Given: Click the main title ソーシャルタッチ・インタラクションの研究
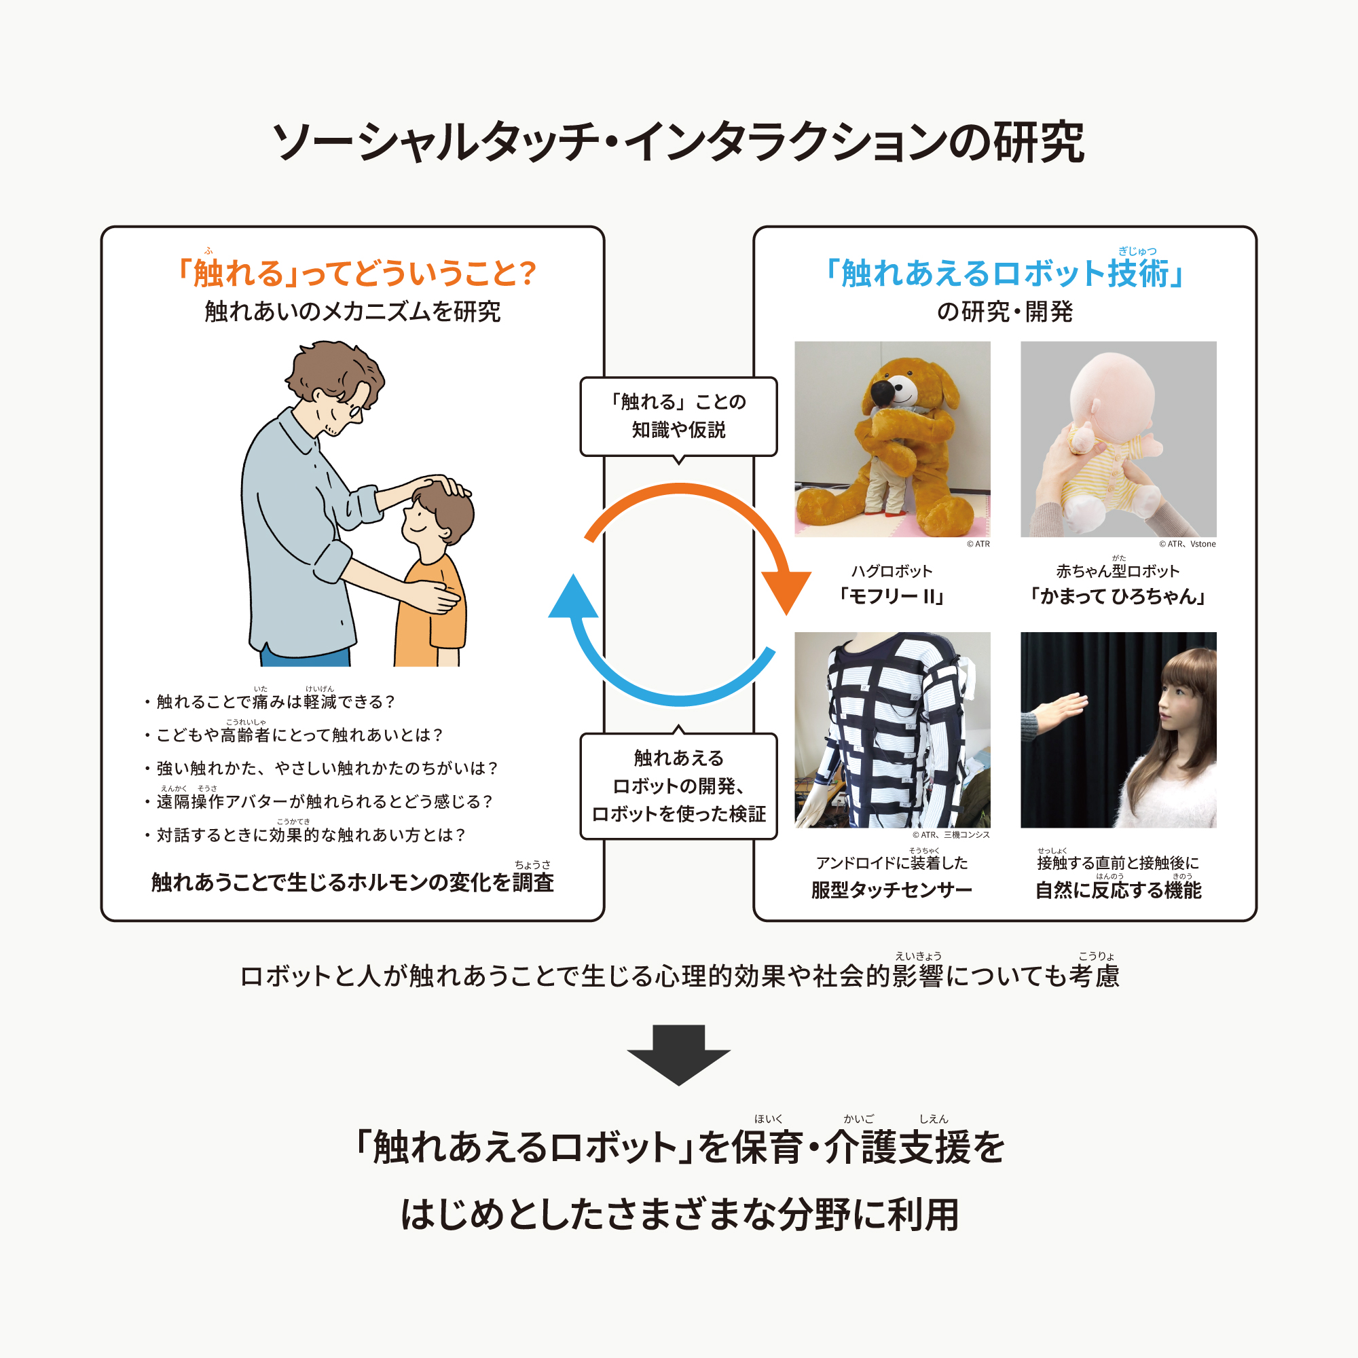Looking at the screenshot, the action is point(678,142).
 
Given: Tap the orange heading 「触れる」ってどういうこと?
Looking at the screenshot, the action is point(356,273).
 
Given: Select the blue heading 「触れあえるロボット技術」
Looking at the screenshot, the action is point(1004,273).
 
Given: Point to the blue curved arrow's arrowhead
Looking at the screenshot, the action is point(573,597).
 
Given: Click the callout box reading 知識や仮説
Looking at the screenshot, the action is point(678,417).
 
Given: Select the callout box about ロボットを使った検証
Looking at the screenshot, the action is point(678,785).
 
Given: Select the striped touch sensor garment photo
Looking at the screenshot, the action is point(892,730).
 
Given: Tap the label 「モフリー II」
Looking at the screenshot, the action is point(892,597).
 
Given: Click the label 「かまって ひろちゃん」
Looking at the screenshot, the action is point(1118,597).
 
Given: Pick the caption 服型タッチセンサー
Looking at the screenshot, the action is point(892,890).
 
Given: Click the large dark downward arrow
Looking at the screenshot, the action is point(678,1055).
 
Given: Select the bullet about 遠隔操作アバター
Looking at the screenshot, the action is point(319,800).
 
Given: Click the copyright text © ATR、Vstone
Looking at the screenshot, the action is point(1187,544).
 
